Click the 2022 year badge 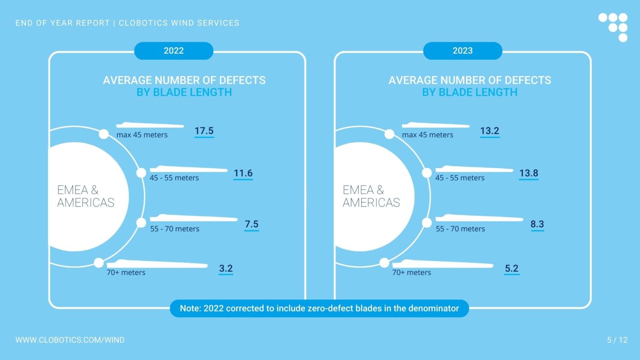point(174,51)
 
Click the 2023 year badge point(463,51)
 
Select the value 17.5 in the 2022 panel point(204,131)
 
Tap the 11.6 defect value point(243,173)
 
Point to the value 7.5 point(251,224)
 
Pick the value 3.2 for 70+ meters point(226,268)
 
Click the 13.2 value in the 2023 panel point(489,131)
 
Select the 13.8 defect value point(529,173)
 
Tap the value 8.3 point(537,224)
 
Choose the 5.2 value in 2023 point(512,268)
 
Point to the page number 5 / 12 point(617,340)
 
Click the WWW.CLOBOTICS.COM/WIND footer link point(70,340)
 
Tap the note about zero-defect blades point(319,308)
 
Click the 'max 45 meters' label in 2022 point(142,135)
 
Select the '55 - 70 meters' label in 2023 point(460,229)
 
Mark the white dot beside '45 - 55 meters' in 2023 point(427,173)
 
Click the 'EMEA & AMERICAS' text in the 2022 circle point(85,196)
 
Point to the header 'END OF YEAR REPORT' point(63,23)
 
